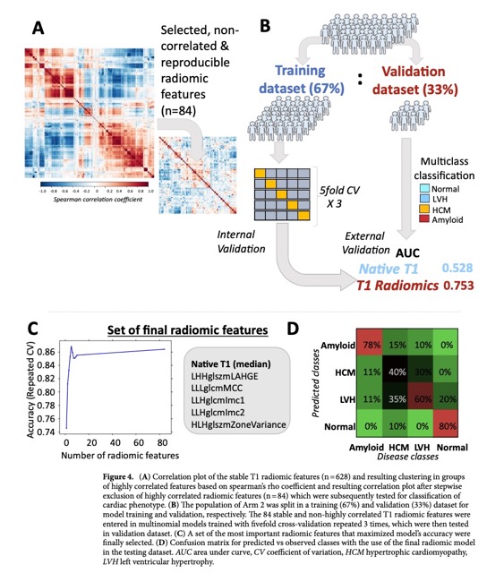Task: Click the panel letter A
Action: (38, 29)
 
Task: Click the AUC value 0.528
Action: (462, 268)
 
